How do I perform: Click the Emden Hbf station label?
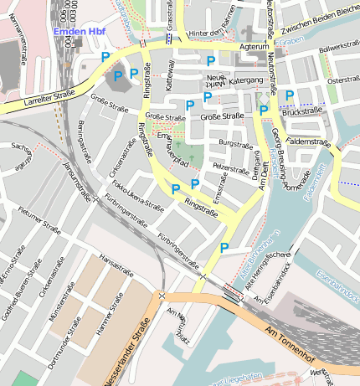(x=79, y=32)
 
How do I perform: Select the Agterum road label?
(x=255, y=48)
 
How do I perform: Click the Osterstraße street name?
(x=343, y=80)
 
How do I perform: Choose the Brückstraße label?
(x=302, y=111)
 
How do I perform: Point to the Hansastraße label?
(x=116, y=262)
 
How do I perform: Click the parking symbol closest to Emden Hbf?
(x=105, y=56)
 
